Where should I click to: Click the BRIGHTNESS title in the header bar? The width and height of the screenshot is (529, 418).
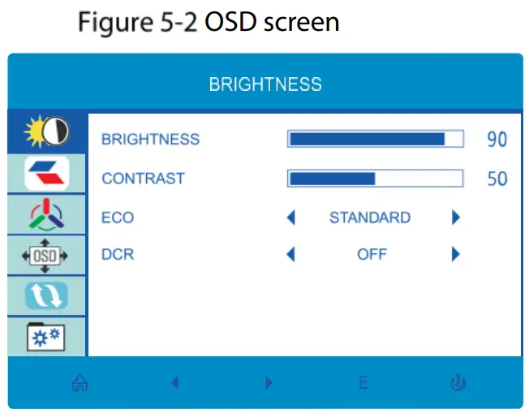click(x=265, y=84)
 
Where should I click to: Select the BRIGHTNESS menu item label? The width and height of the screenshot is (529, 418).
click(x=150, y=140)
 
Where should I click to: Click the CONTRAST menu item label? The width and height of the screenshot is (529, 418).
click(x=143, y=178)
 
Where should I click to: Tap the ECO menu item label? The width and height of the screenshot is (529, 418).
click(x=118, y=218)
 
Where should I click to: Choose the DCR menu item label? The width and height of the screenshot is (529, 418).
click(x=118, y=255)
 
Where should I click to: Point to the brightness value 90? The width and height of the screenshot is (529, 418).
click(x=497, y=140)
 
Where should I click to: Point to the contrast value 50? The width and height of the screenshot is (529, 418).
click(x=497, y=179)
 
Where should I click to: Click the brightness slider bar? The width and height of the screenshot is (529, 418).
click(x=375, y=140)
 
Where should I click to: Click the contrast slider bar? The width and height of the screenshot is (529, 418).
click(x=375, y=178)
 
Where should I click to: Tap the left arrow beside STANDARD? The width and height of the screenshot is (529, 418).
click(x=291, y=218)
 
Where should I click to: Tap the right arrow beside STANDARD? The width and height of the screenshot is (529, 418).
click(x=456, y=218)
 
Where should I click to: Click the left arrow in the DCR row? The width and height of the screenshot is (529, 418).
click(x=291, y=255)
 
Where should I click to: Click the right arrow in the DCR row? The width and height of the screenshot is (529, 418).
click(x=456, y=255)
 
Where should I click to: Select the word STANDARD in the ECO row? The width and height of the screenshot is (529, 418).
click(x=370, y=218)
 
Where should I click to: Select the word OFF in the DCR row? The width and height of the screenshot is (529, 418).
click(x=372, y=255)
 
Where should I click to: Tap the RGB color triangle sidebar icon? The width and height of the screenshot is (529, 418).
click(x=47, y=214)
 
